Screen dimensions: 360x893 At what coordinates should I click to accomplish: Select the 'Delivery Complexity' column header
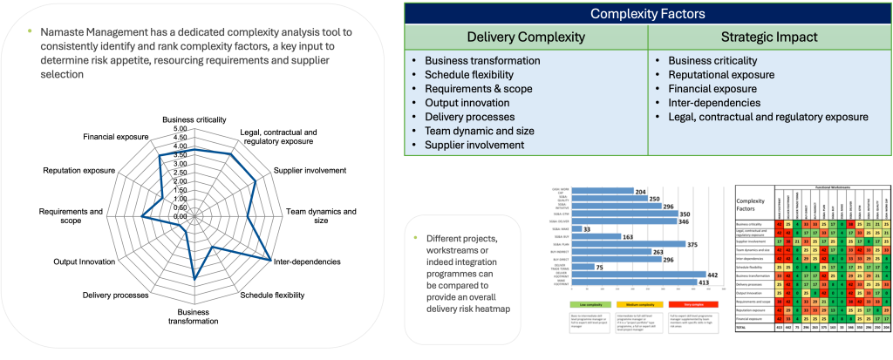coord(526,37)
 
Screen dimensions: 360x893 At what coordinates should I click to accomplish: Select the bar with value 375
coord(628,244)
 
